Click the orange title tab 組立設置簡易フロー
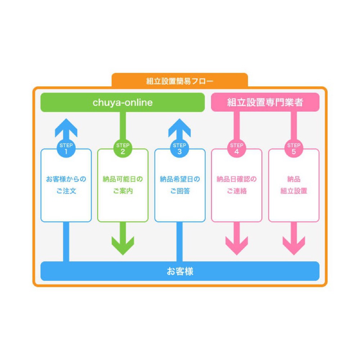[180, 81]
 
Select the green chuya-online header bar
[122, 103]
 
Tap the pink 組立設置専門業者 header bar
[265, 103]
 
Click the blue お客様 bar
[180, 271]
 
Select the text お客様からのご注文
[66, 185]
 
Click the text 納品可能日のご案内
[123, 185]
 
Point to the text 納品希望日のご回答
[180, 185]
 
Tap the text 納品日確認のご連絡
[237, 185]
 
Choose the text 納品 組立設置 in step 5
[293, 185]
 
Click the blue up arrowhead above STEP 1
[66, 128]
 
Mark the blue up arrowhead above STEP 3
[180, 128]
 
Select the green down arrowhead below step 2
[123, 245]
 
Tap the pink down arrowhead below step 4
[237, 245]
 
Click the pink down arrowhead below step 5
[293, 245]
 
